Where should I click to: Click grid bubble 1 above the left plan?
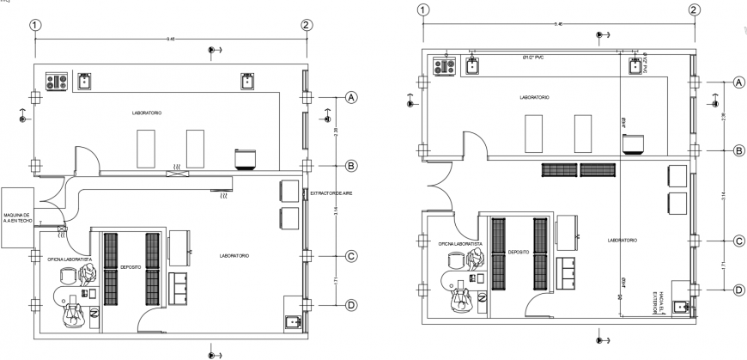tap(34, 26)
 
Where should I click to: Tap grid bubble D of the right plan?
tap(738, 290)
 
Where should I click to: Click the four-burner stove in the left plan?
tap(58, 82)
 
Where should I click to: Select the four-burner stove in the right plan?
tap(445, 65)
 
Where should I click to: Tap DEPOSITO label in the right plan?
tap(518, 253)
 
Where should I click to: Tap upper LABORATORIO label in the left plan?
tap(147, 113)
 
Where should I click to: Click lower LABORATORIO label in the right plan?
tap(620, 241)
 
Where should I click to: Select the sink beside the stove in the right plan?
tap(472, 65)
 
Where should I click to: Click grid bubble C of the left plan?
tap(350, 256)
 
